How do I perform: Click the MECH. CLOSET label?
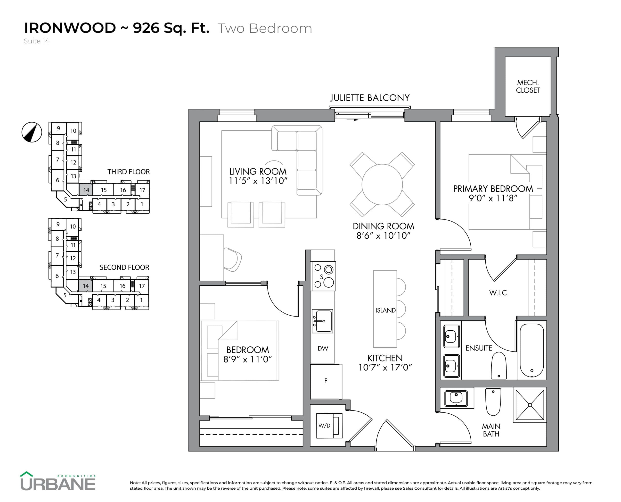coord(528,86)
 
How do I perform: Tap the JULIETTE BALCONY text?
coord(370,98)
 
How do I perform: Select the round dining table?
coord(382,184)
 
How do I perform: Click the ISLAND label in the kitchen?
coord(385,310)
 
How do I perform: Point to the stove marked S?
coord(323,276)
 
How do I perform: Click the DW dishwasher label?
coord(323,348)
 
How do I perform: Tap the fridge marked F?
coord(326,381)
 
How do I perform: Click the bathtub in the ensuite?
coord(531,350)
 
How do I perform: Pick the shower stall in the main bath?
coord(530,405)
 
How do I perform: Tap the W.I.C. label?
coord(499,293)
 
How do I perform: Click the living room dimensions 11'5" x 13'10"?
coord(258,181)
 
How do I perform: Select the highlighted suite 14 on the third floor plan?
coord(86,190)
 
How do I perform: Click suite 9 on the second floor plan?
coord(58,224)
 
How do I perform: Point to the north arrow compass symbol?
coord(32,132)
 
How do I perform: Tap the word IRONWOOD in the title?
coord(70,28)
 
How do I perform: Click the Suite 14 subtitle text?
coord(36,41)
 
